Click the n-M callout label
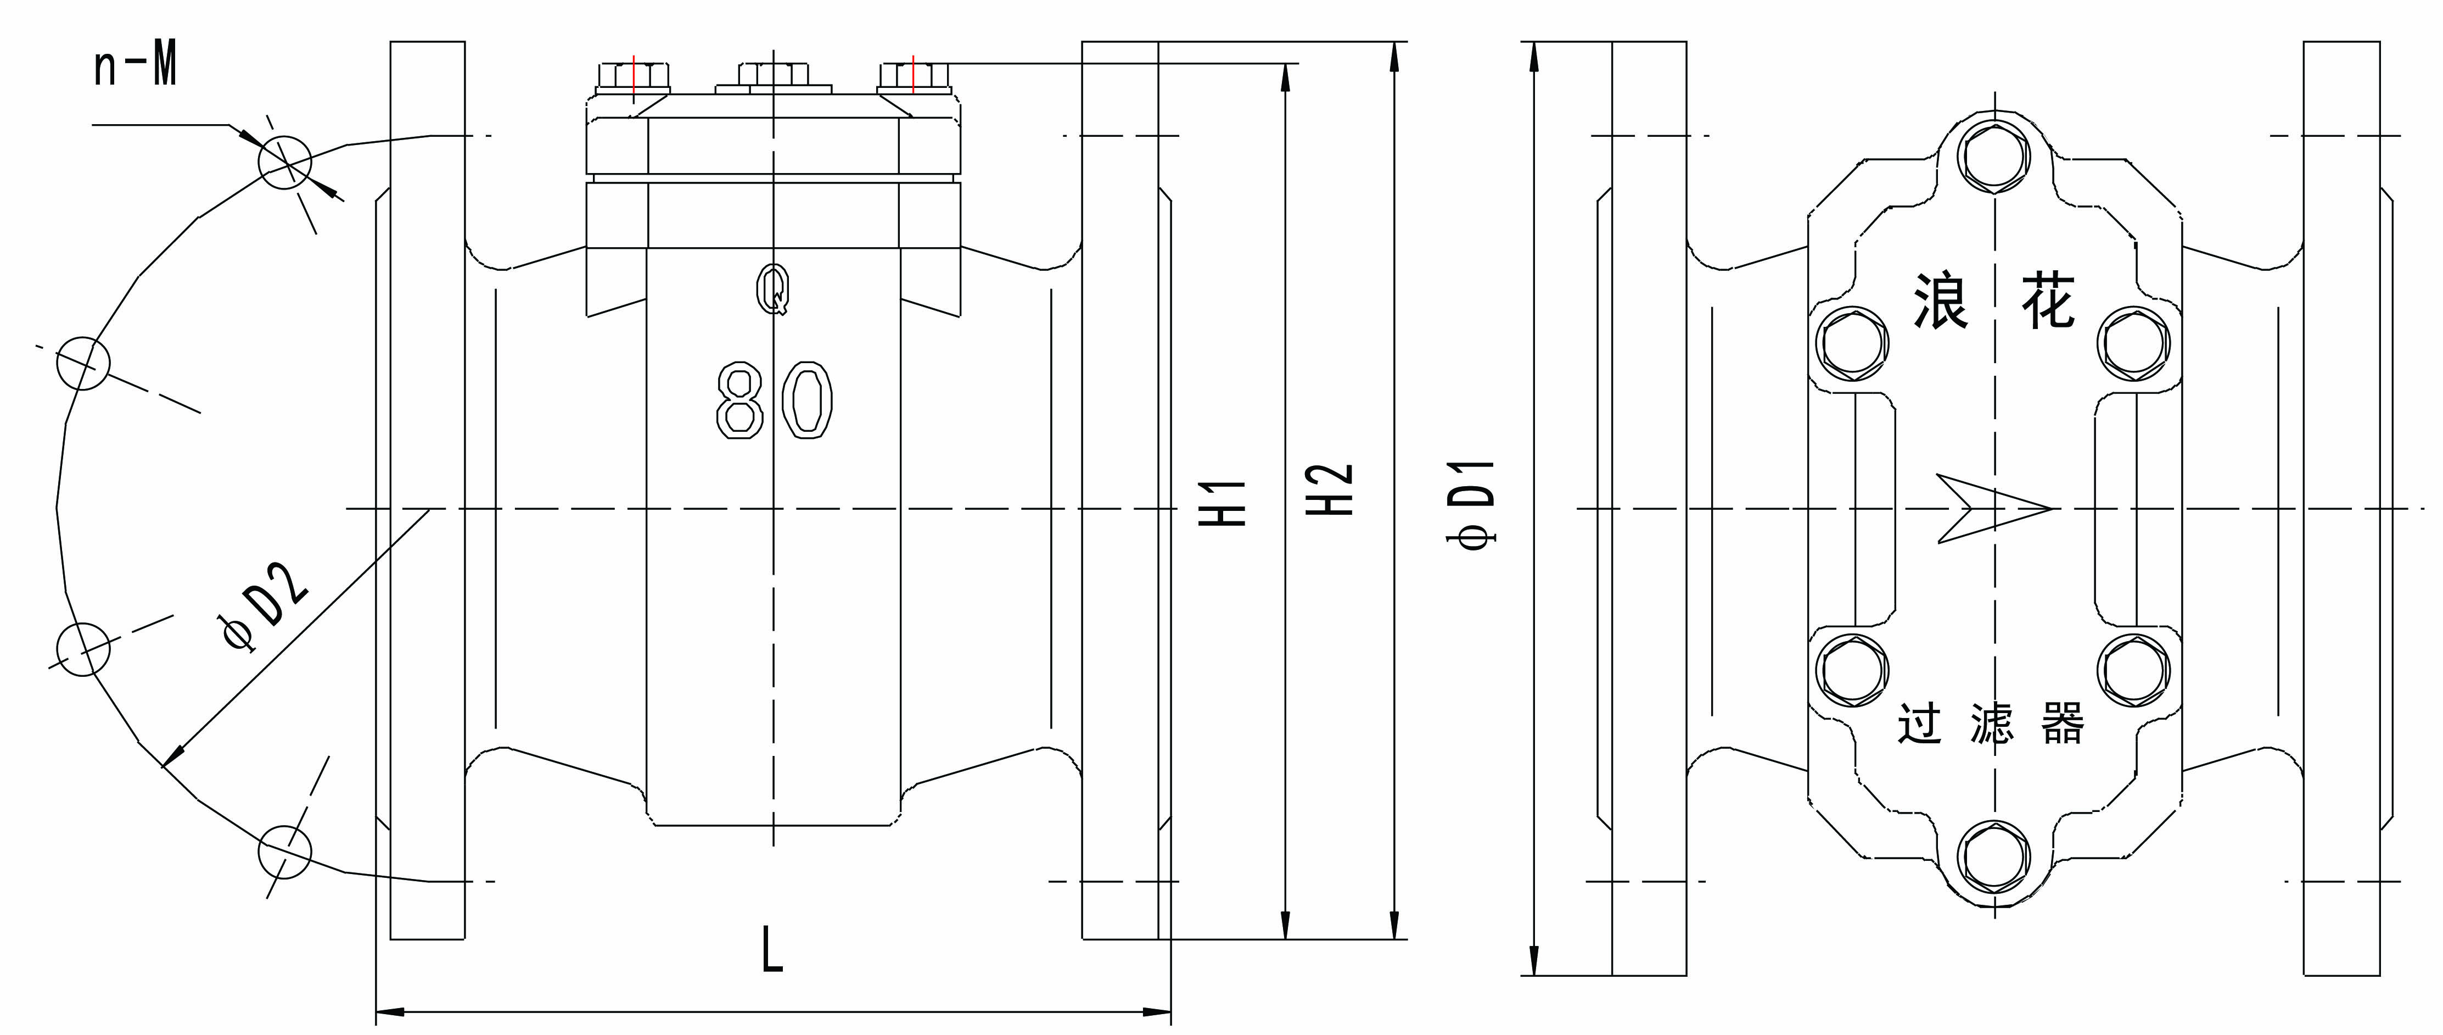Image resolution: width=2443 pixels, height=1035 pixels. tap(136, 68)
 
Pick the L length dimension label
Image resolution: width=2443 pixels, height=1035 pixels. tap(773, 950)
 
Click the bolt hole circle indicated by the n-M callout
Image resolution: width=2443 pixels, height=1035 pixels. tap(284, 162)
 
